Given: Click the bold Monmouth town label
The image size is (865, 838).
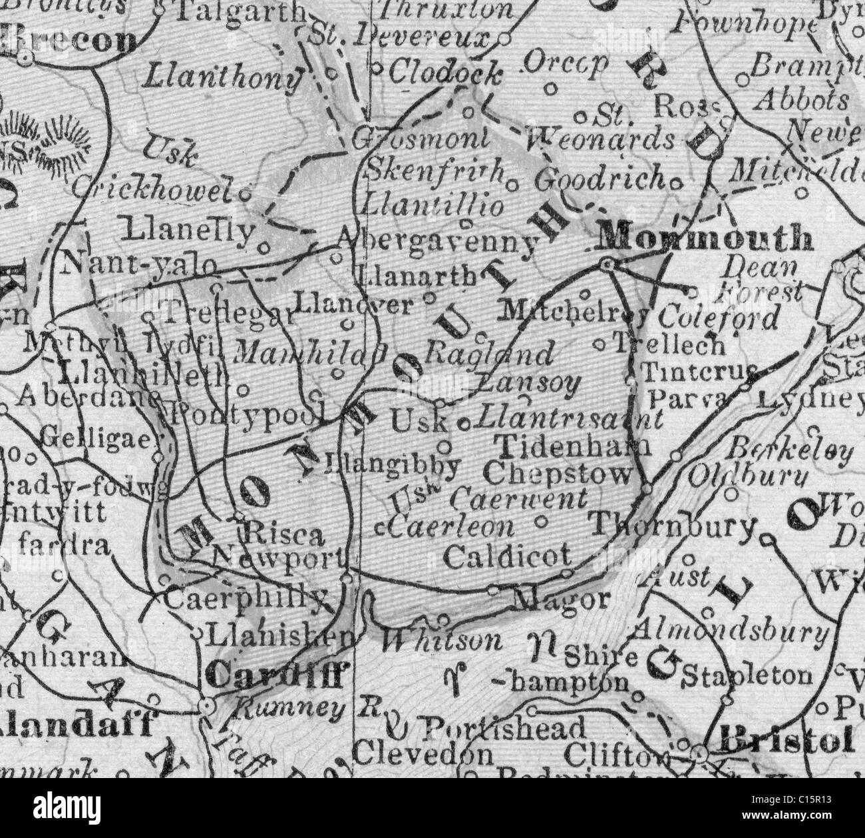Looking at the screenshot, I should [706, 238].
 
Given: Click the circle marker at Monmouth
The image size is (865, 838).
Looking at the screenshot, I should [606, 264].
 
